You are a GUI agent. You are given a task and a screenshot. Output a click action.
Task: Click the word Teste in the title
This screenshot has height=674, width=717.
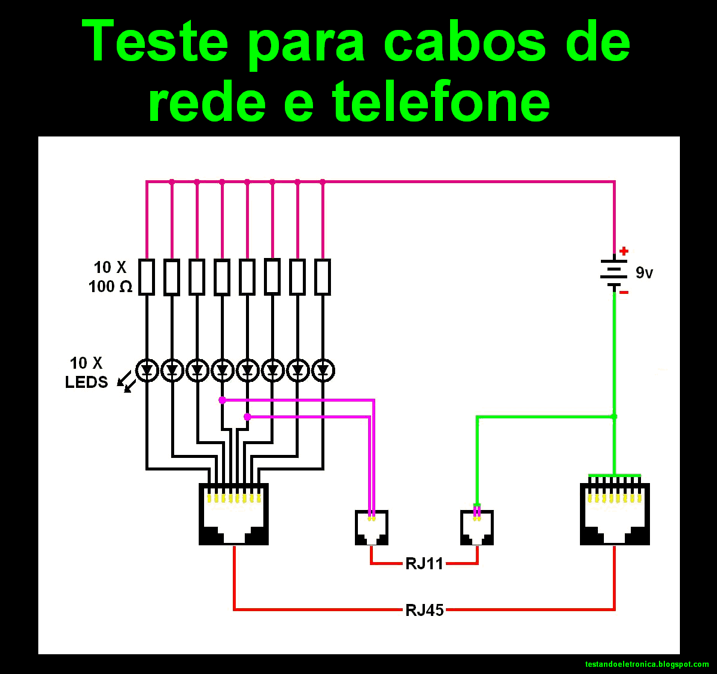click(x=154, y=42)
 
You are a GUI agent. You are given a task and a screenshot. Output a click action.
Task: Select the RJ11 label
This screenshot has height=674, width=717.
click(x=424, y=564)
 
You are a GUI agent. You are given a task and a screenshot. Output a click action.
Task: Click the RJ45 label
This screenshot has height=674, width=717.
click(x=424, y=610)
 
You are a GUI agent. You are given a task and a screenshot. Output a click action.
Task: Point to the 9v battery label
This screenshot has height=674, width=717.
click(x=644, y=273)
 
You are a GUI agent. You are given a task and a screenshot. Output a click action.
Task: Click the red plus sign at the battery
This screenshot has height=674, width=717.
click(x=624, y=251)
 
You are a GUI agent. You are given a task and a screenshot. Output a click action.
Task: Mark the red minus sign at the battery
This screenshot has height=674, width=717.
click(x=624, y=292)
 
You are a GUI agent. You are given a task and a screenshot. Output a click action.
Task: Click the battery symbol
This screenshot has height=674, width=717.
click(x=614, y=273)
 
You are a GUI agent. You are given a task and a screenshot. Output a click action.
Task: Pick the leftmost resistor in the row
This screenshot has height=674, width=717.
click(x=147, y=277)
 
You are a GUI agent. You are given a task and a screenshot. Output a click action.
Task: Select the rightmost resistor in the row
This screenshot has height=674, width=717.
click(x=323, y=277)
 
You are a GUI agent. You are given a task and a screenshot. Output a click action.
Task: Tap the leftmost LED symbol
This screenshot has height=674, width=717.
click(x=147, y=371)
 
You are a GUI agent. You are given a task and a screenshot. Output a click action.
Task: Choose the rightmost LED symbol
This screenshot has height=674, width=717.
click(x=323, y=371)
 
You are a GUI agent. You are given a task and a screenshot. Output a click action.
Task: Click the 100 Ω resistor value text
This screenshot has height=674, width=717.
click(x=110, y=287)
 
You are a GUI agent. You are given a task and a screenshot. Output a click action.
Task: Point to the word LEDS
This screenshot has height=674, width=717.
click(x=86, y=382)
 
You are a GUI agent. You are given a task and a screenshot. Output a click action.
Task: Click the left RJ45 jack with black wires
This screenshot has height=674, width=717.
click(x=233, y=514)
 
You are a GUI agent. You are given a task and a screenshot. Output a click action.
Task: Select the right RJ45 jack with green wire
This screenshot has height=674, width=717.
click(x=615, y=514)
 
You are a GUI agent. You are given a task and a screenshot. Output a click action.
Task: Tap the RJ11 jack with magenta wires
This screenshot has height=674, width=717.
click(x=372, y=527)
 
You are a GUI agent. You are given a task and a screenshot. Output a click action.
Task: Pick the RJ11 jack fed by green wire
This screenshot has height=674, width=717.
click(x=477, y=527)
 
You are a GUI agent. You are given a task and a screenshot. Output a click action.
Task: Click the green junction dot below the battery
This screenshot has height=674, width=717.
click(x=614, y=416)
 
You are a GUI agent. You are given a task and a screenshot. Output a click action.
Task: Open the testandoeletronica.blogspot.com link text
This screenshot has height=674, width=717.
click(x=646, y=664)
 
